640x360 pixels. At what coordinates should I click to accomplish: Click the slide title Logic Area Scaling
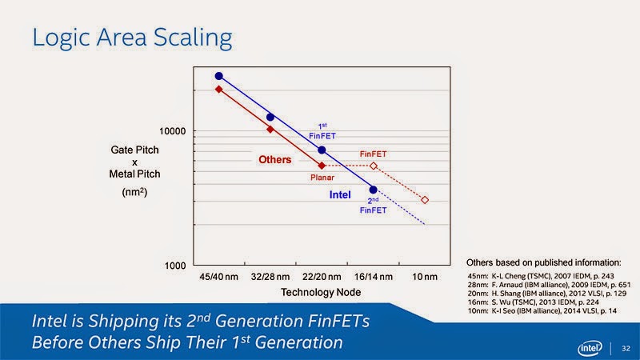132,37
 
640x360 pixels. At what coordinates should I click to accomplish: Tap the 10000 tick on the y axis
173,131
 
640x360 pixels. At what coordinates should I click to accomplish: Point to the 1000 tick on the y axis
175,265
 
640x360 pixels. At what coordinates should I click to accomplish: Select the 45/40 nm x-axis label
218,278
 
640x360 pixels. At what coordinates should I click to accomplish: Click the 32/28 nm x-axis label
270,278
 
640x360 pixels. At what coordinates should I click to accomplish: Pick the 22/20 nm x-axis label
321,278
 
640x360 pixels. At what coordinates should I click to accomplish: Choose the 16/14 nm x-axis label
372,278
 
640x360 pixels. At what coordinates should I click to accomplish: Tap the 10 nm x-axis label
425,278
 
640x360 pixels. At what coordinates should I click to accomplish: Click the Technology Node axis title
321,294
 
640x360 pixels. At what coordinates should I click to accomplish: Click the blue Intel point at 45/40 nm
218,76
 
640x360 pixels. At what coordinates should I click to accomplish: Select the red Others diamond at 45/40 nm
218,89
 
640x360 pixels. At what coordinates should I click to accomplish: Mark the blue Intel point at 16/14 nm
373,190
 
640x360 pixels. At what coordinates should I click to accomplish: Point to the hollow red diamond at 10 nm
425,200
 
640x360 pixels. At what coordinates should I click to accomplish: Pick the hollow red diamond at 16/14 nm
373,166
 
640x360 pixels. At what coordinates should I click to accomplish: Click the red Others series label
274,160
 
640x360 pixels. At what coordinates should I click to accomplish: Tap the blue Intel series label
340,194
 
